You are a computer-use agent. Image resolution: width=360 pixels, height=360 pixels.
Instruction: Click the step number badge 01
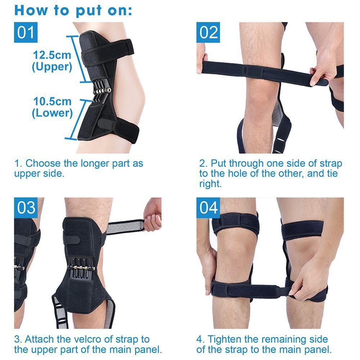click(26, 32)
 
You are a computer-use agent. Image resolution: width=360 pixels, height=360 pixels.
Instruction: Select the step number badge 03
click(26, 208)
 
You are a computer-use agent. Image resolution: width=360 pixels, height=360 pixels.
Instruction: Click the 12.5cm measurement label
click(52, 55)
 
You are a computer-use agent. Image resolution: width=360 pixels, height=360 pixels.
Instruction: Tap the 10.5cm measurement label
click(52, 102)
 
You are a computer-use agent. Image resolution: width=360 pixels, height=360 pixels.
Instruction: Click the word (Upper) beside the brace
click(52, 67)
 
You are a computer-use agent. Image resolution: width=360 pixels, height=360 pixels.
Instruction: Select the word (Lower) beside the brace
click(52, 113)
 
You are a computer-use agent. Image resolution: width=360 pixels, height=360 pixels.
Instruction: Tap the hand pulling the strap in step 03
click(153, 215)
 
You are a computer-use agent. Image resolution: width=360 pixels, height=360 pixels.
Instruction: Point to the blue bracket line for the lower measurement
click(80, 119)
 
